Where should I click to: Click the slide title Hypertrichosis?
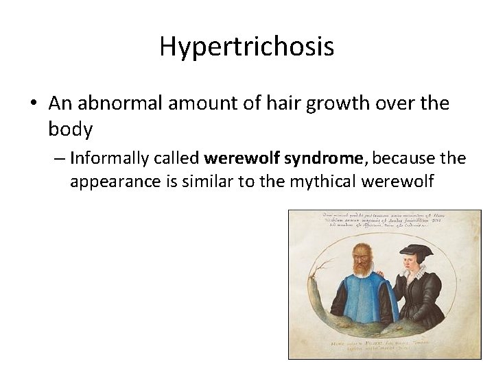click(247, 47)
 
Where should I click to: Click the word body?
click(70, 129)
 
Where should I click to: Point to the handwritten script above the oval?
click(384, 223)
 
